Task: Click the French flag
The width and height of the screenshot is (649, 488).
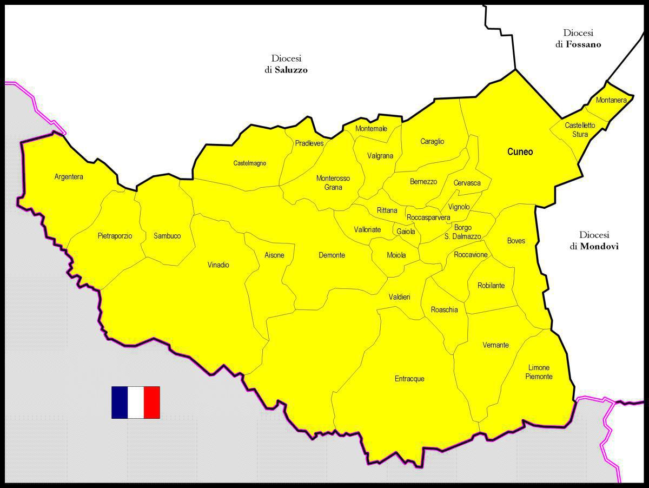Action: coord(136,403)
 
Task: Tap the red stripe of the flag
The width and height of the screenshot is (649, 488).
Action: coord(152,403)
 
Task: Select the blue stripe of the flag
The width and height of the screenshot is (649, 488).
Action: coord(120,403)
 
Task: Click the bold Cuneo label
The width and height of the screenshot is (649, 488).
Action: coord(520,152)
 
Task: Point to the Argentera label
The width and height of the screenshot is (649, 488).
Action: coord(69,176)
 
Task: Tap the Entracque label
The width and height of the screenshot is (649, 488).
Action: coord(409,379)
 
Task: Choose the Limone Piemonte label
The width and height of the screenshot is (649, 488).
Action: coord(539,372)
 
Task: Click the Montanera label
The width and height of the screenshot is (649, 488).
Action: coord(611,100)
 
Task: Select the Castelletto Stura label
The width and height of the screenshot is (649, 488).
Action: coord(580,130)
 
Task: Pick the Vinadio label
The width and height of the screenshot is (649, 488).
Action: coord(218,265)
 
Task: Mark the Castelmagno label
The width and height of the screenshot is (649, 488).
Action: coord(250,163)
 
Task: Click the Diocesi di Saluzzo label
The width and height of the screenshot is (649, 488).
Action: coord(286,64)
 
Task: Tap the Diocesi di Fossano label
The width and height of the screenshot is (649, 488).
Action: coord(578,39)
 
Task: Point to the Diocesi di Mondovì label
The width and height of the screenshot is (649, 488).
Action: coord(594,241)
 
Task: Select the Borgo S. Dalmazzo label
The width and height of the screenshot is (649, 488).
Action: coord(463,232)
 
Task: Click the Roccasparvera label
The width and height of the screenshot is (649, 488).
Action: coord(428,217)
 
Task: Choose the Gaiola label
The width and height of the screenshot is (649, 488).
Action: coord(406,232)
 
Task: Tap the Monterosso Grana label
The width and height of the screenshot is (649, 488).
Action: coord(333,183)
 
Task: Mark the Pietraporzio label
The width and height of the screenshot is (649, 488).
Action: coord(115,236)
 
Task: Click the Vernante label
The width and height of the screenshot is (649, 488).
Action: coord(495,345)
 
